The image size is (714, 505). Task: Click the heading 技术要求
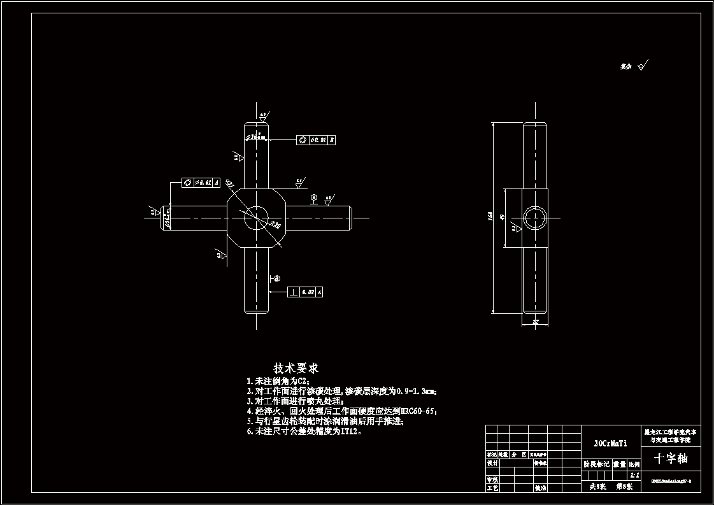pyautogui.click(x=296, y=368)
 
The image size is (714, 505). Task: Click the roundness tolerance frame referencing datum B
pyautogui.click(x=317, y=139)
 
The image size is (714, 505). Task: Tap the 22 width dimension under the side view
pyautogui.click(x=536, y=323)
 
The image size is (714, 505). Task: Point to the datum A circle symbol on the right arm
pyautogui.click(x=314, y=199)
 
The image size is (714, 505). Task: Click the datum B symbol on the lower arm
pyautogui.click(x=276, y=278)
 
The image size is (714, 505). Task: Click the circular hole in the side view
pyautogui.click(x=535, y=218)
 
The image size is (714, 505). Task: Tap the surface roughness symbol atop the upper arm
pyautogui.click(x=263, y=117)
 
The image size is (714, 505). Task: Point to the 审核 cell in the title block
pyautogui.click(x=492, y=479)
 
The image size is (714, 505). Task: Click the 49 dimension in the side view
pyautogui.click(x=503, y=217)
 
